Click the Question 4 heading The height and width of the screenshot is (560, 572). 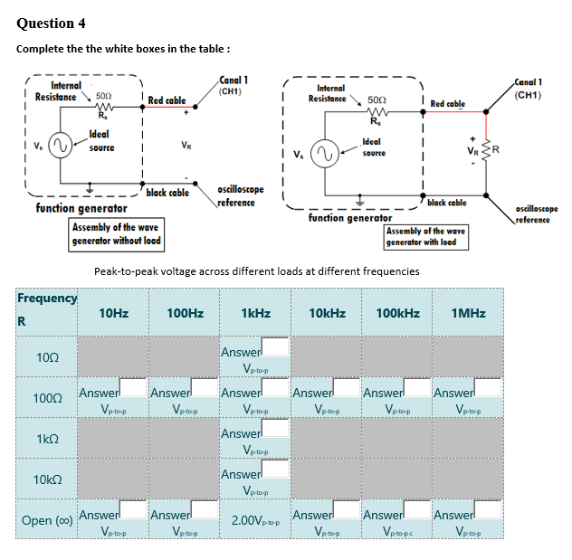coord(52,23)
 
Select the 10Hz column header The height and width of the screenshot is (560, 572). coord(113,313)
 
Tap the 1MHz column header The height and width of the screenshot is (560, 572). coord(468,313)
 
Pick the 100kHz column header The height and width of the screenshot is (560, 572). coord(397,313)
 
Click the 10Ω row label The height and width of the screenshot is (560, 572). coord(47,358)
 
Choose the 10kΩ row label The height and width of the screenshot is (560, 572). coord(47,479)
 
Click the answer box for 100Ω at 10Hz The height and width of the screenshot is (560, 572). coord(134,388)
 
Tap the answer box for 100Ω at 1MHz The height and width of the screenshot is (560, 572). coord(489,388)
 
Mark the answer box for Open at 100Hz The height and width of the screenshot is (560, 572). coord(205,510)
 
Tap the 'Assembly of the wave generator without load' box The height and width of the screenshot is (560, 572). coord(117,234)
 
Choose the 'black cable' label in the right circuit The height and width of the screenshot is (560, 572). coord(446,203)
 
